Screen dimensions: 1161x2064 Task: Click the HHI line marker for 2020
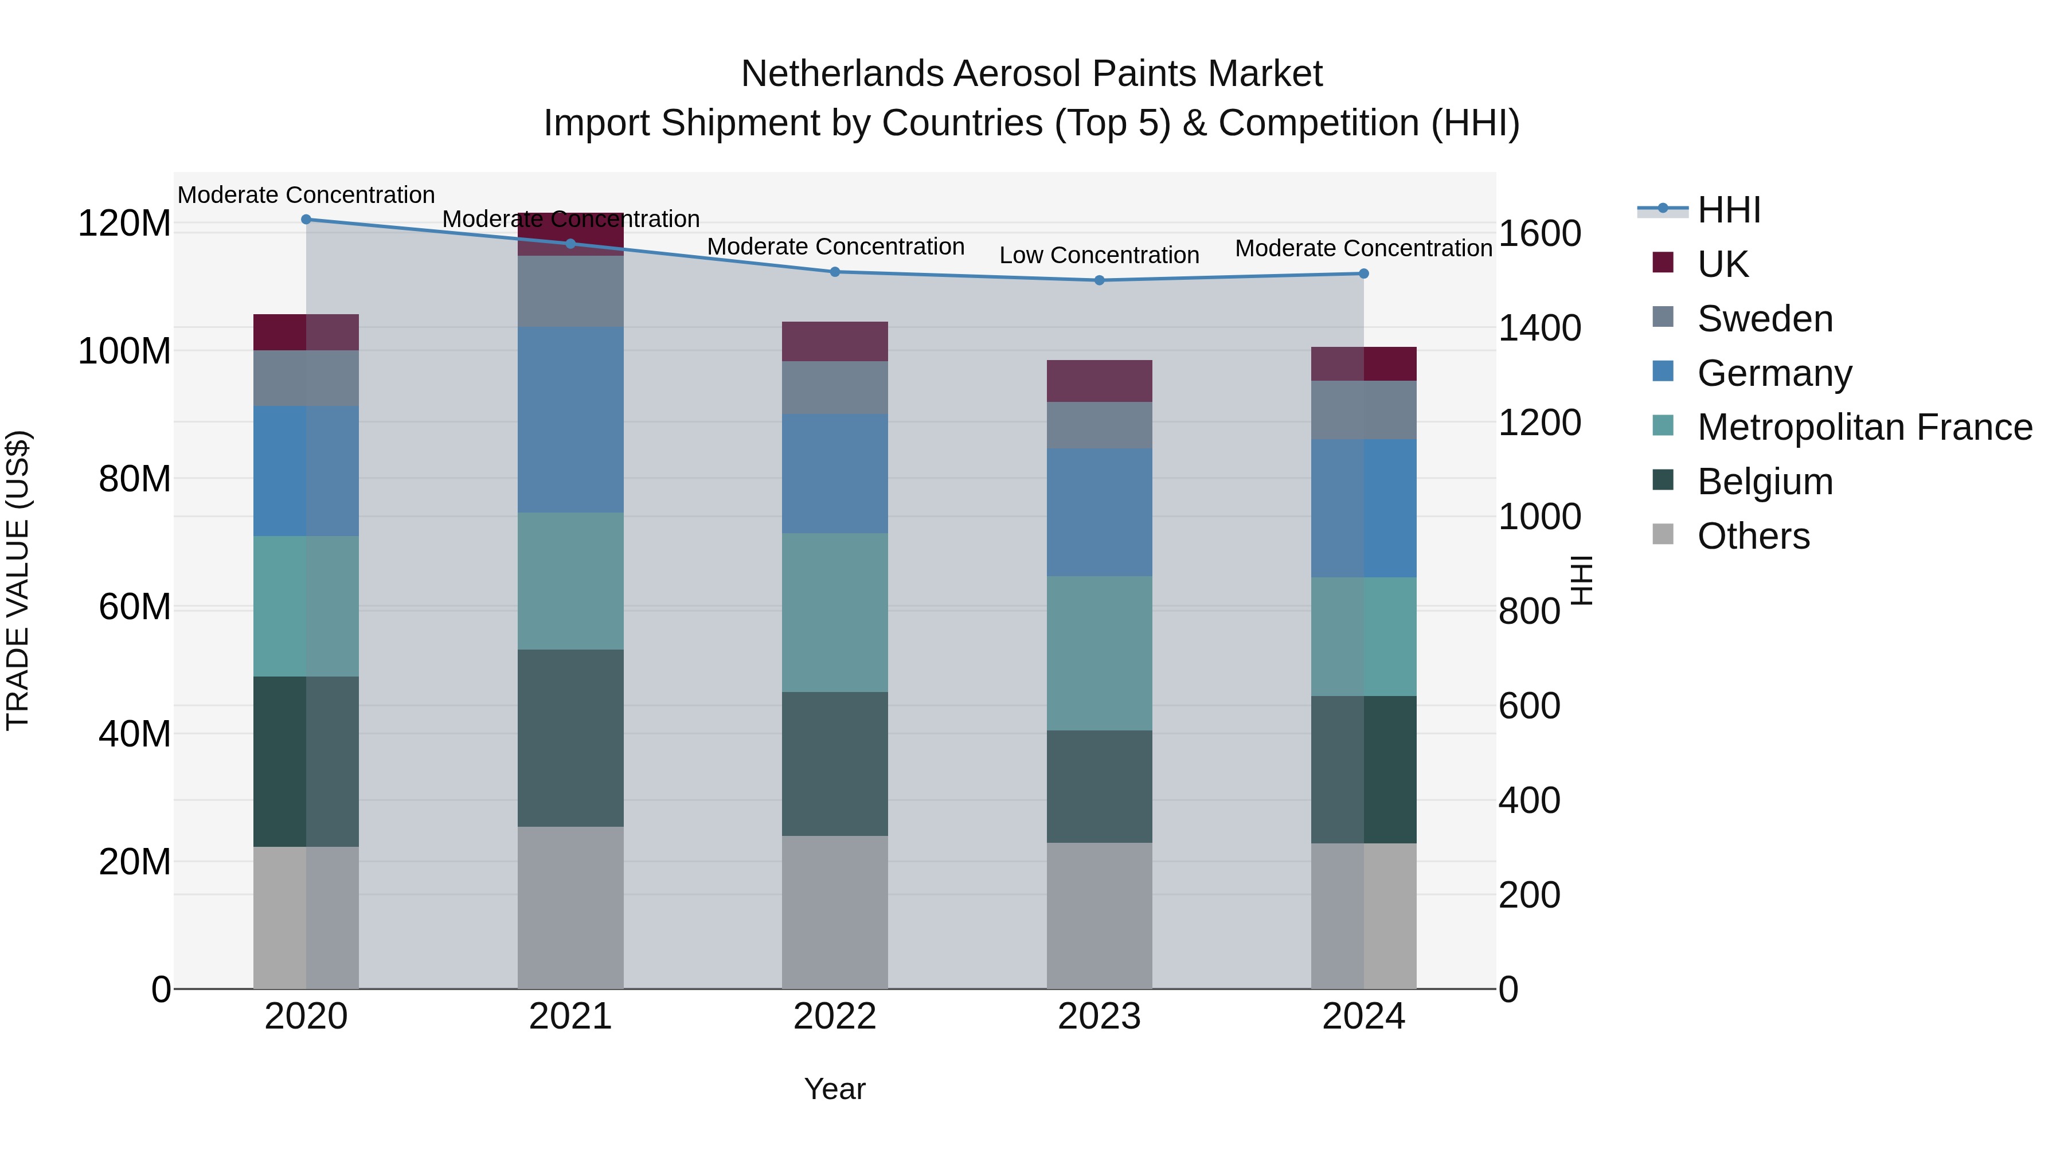306,220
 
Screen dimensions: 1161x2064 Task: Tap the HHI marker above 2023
1099,280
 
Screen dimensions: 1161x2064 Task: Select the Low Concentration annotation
1099,256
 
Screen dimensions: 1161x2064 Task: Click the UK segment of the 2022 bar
835,341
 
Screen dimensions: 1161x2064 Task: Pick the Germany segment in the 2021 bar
570,419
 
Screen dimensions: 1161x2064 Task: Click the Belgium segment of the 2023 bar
1099,786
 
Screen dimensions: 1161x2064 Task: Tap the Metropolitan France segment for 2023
1099,653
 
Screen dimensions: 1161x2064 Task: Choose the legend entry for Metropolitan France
1864,427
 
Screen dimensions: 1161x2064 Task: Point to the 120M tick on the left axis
124,224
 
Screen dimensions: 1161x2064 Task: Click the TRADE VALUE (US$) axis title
18,580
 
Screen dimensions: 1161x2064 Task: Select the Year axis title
834,1089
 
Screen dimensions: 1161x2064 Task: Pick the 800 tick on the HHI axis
1529,612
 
